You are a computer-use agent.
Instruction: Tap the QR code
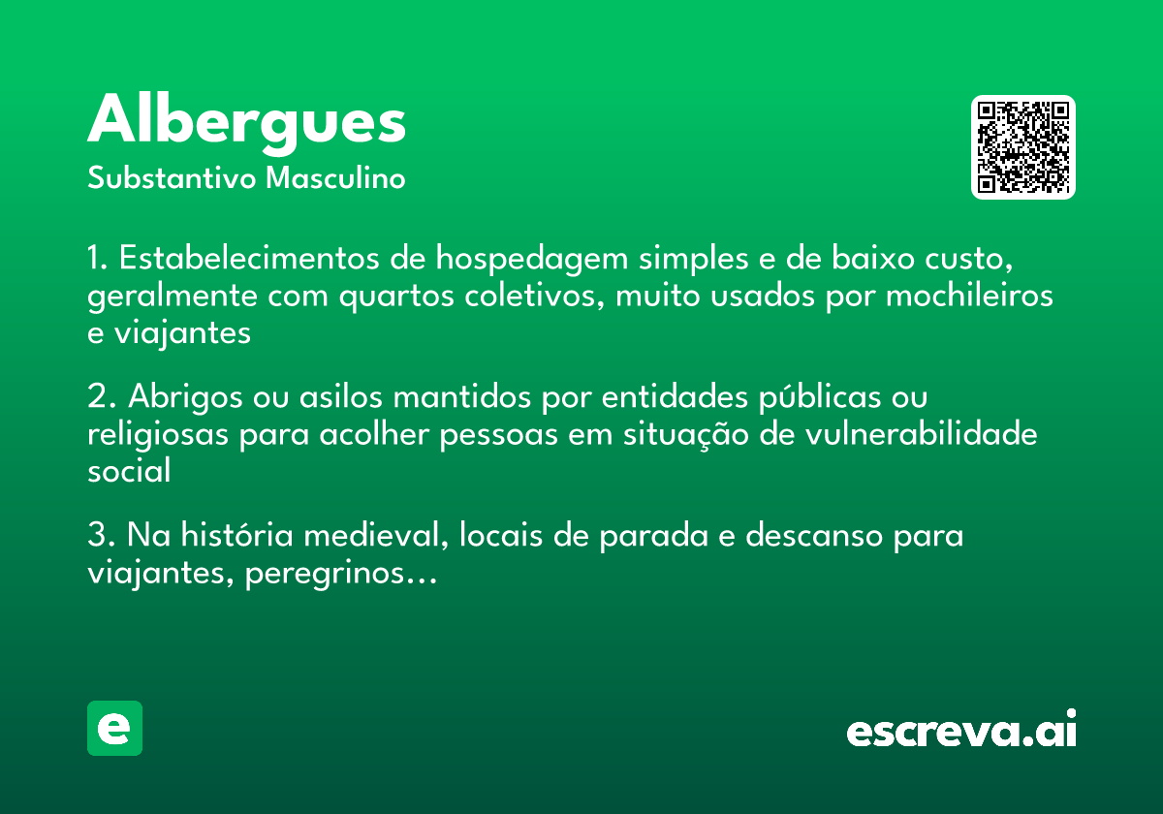click(1023, 147)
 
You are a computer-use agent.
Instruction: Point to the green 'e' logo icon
click(114, 728)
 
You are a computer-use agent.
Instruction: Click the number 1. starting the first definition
click(98, 259)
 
